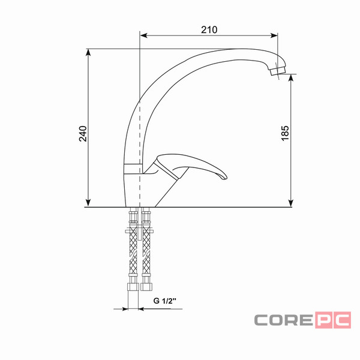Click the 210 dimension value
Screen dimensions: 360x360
[x=209, y=29]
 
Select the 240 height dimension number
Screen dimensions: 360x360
[x=83, y=134]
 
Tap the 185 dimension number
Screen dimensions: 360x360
[x=285, y=133]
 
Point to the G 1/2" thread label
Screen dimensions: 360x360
[x=164, y=301]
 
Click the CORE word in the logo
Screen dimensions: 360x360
[x=284, y=320]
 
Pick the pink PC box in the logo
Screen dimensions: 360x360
[x=333, y=320]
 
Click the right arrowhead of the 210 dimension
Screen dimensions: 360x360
[x=274, y=35]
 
